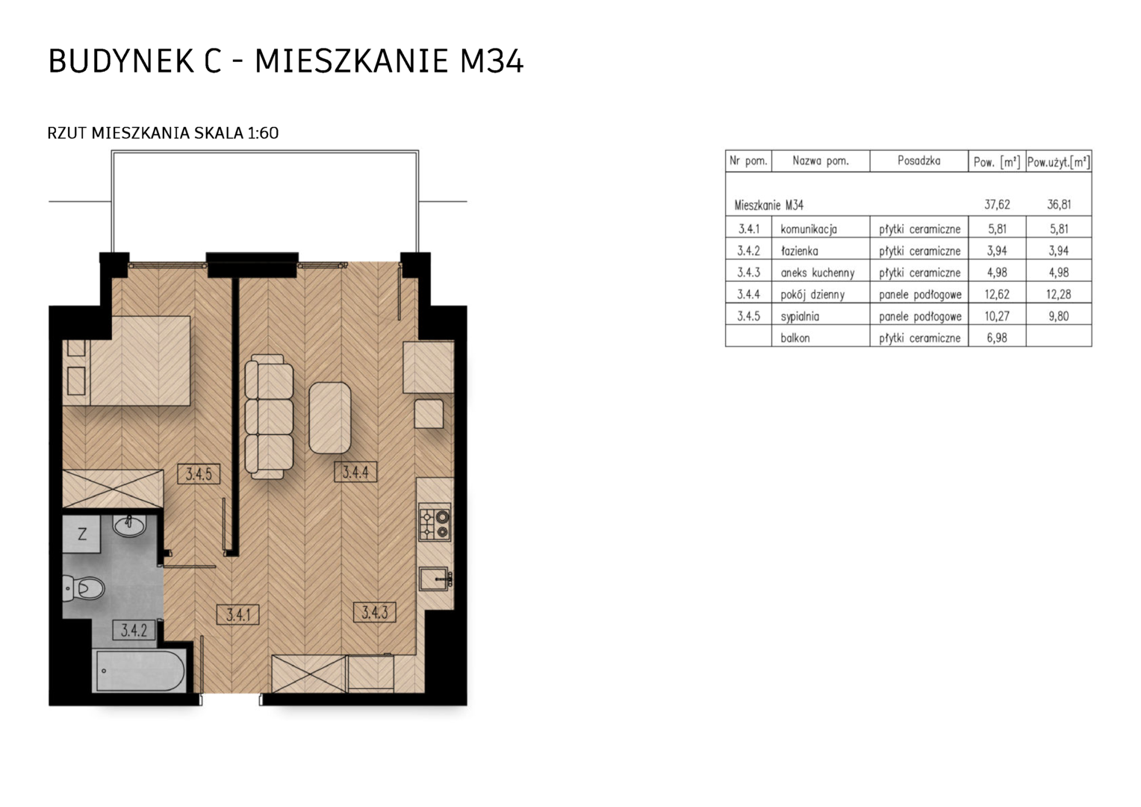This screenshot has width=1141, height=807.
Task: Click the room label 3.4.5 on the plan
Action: point(199,474)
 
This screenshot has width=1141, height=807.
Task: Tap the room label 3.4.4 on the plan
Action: point(355,472)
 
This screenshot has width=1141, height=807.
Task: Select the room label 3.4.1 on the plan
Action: point(238,615)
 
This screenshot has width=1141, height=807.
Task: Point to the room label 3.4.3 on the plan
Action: point(375,612)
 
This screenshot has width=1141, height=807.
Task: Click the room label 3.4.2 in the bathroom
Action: point(134,631)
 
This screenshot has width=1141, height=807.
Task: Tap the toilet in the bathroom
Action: point(84,589)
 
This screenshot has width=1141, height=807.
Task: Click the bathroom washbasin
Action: point(129,525)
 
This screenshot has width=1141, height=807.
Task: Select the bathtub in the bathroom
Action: point(139,671)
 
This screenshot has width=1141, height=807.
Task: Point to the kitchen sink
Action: point(435,579)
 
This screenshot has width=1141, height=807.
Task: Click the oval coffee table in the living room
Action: point(329,418)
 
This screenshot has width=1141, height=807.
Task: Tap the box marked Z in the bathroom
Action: point(81,534)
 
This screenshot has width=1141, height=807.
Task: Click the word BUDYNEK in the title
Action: point(121,61)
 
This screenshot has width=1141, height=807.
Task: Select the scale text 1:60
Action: point(263,133)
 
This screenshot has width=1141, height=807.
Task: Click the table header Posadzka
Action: point(919,161)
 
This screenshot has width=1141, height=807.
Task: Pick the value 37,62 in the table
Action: point(997,205)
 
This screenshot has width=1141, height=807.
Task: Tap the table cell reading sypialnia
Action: point(800,316)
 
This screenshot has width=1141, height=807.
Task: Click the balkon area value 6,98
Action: point(997,338)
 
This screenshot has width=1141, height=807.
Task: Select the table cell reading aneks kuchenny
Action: point(818,273)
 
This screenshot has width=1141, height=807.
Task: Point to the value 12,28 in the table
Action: point(1058,294)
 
